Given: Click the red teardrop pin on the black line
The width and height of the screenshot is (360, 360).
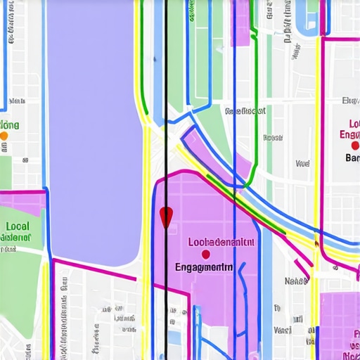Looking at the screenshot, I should (166, 217).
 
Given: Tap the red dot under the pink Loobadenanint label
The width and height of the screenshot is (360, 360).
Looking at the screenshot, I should (205, 255).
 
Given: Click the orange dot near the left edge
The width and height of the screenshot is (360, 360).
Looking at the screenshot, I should (4, 136).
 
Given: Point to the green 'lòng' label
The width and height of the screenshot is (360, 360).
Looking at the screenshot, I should (12, 125).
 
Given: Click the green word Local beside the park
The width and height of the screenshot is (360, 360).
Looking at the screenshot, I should (18, 226).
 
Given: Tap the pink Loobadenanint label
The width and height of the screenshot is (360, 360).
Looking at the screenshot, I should (221, 242).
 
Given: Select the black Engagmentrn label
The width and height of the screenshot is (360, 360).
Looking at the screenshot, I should (204, 267).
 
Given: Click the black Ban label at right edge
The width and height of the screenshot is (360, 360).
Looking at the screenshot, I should (352, 158).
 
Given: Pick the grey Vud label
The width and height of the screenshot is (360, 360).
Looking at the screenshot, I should (302, 164).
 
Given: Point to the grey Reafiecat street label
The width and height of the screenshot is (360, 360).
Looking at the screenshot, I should (245, 111).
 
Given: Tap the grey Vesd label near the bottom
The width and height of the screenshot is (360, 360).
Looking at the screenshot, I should (283, 330).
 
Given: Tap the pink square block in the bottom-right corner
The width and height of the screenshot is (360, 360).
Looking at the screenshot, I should (339, 323).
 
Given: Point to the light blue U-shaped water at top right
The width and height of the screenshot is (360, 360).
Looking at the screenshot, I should (309, 18).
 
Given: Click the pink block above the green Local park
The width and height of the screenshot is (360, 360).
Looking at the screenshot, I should (21, 203).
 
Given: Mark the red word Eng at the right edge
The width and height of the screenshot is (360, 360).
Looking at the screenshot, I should (349, 134).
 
